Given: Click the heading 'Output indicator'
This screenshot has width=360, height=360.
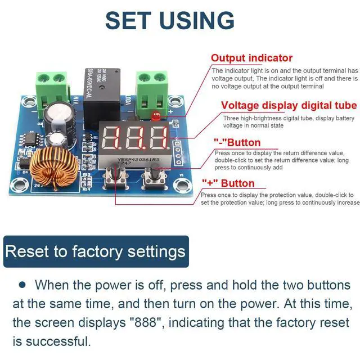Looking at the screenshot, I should pyautogui.click(x=251, y=58).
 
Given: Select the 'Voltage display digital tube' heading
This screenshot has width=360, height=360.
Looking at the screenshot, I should pyautogui.click(x=289, y=106).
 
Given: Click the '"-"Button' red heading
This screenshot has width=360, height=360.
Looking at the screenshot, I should pyautogui.click(x=237, y=142).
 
